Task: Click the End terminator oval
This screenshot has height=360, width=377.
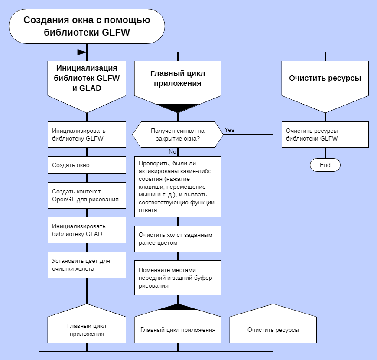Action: coord(325,165)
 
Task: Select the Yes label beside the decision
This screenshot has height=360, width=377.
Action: coord(229,130)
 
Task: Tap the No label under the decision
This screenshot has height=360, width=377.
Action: coord(172,152)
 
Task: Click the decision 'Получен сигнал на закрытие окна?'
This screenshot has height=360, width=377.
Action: coord(178,134)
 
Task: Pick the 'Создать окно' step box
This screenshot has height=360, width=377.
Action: coord(87,165)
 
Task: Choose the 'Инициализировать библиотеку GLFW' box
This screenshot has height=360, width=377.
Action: coord(87,134)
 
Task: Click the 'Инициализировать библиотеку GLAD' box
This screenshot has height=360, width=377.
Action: coord(87,230)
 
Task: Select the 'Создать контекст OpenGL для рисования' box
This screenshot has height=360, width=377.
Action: coord(87,195)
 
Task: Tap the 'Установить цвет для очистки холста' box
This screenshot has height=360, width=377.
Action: coord(87,265)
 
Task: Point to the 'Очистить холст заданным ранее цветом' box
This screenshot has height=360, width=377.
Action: coord(178,239)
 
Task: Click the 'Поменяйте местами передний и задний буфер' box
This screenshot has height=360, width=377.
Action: coord(178,278)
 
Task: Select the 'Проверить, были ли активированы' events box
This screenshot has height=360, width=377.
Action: coord(178,187)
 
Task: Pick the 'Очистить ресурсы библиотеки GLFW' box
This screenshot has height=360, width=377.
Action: coord(325,134)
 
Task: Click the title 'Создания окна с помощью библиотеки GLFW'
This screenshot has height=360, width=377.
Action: coord(87,26)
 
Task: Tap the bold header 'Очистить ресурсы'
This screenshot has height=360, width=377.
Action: coord(325,79)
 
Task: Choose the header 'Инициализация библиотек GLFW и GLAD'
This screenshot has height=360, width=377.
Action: coord(87,78)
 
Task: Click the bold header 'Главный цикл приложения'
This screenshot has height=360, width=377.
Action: coord(178,79)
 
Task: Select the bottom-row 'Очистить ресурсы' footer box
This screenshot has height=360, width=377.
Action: coord(273,330)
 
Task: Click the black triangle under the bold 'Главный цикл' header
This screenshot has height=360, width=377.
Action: coord(178,108)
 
